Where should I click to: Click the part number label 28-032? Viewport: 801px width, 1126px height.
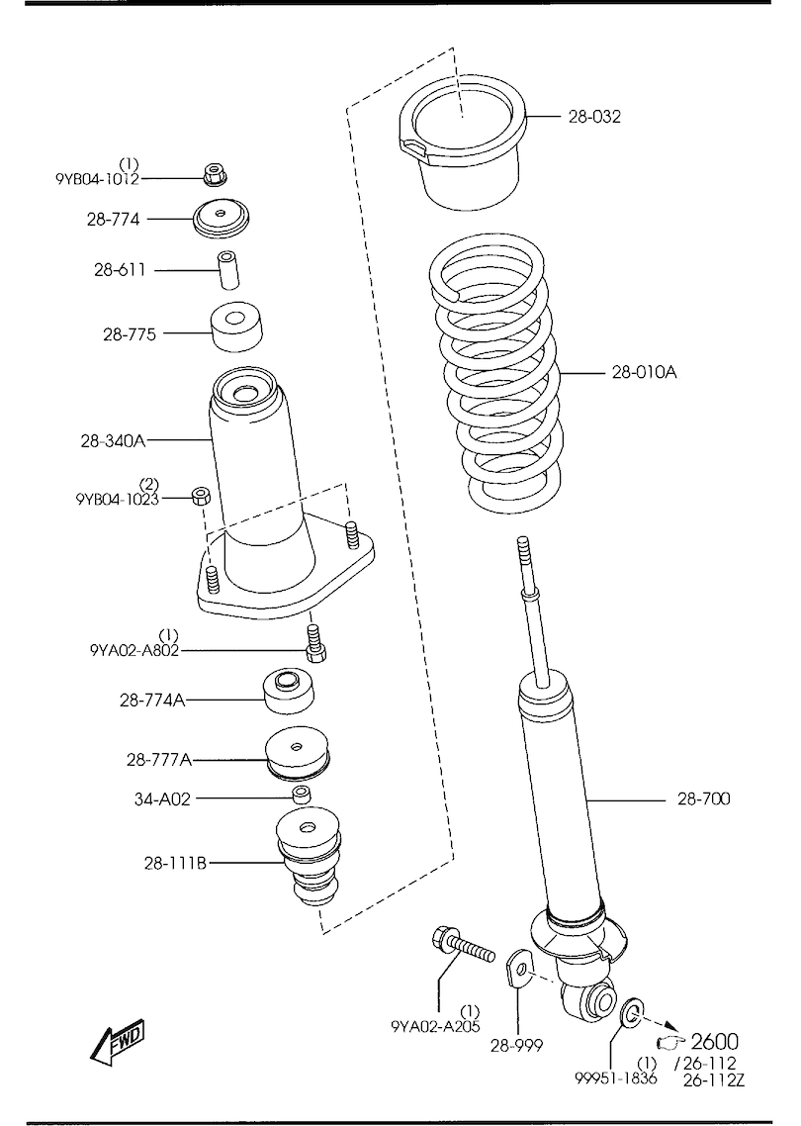(x=593, y=117)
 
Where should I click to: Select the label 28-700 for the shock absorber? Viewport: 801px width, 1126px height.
(x=704, y=798)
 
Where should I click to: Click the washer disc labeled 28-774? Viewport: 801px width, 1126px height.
(x=222, y=218)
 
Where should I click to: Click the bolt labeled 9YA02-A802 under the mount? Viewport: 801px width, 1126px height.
(x=315, y=644)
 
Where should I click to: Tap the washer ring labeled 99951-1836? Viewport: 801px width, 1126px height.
(x=631, y=1011)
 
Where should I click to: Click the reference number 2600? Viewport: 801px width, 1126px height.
(x=714, y=1041)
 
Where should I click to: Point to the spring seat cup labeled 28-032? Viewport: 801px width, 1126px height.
(x=463, y=148)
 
